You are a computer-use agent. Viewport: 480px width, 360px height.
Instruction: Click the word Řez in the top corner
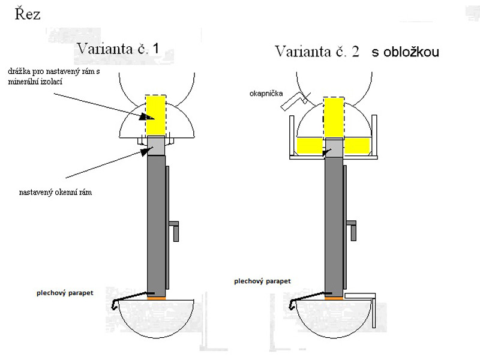click(28, 14)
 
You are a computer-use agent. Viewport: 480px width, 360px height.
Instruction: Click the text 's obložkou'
click(405, 52)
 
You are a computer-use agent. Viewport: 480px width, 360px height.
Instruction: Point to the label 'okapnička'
click(267, 94)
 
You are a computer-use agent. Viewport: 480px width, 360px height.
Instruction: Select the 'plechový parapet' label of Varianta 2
click(263, 280)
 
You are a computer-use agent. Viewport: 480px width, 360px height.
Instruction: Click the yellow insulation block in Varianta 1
click(155, 115)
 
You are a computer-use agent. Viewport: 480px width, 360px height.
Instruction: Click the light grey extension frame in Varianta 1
click(155, 145)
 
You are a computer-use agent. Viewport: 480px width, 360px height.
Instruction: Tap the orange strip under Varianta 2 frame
click(334, 297)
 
